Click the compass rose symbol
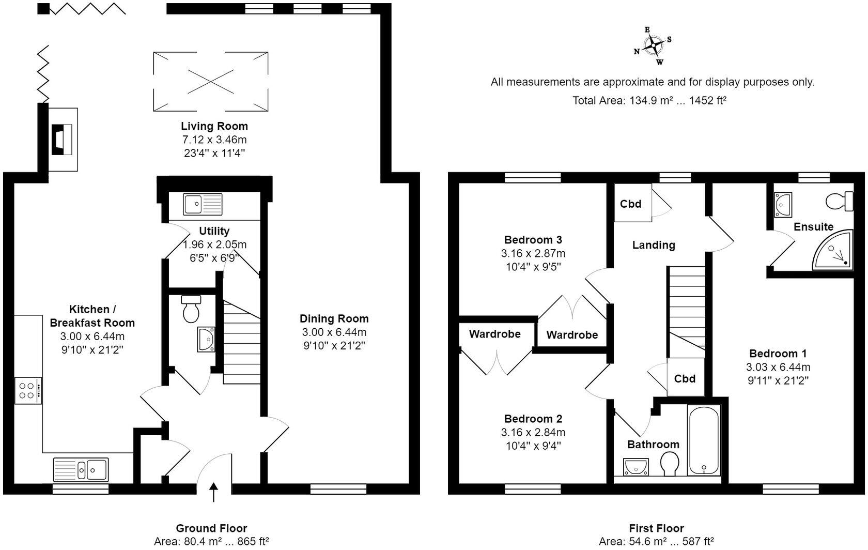point(654,45)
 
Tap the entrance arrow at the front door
point(214,492)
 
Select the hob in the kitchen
point(28,391)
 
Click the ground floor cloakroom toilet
point(191,309)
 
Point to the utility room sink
point(202,205)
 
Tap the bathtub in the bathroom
point(704,439)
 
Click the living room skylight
point(211,81)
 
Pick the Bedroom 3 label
point(533,240)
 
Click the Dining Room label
point(334,319)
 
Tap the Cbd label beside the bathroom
point(685,379)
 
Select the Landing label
point(654,245)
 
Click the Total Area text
point(649,101)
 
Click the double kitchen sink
point(81,469)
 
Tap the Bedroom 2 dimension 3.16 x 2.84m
point(533,433)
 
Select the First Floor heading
point(656,528)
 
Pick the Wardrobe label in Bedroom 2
point(494,334)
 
